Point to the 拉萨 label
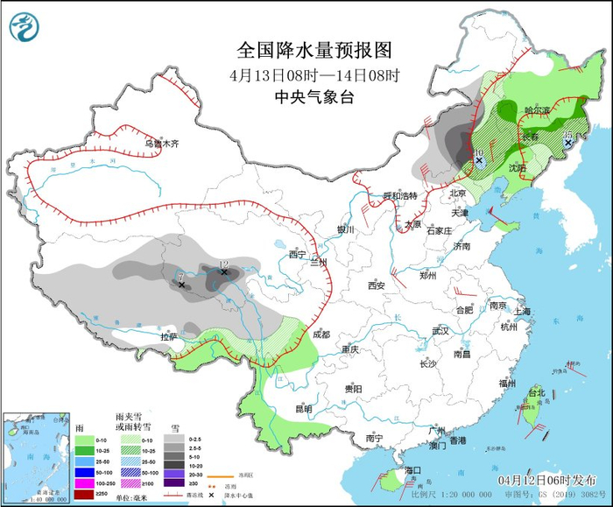168,335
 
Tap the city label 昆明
303,407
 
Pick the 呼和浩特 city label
402,195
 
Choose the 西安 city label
377,285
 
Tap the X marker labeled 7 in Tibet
182,285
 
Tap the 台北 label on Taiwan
535,394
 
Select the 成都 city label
321,334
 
